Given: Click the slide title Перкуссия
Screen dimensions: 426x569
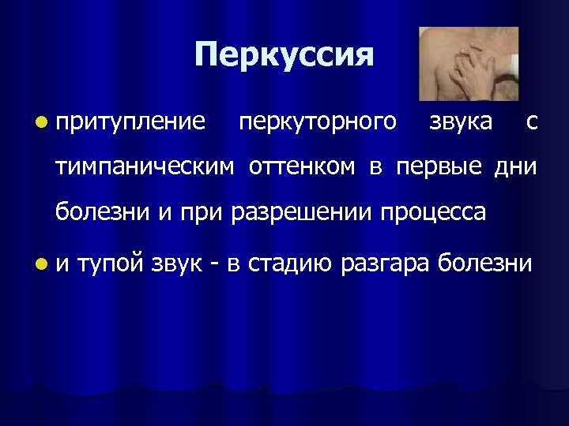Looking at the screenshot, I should point(283,56).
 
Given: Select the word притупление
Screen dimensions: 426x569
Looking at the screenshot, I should point(130,122).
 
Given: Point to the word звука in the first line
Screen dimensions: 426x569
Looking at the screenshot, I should point(459,122).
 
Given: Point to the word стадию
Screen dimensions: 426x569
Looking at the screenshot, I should point(290,263).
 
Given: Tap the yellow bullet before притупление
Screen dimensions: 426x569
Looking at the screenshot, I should point(40,122).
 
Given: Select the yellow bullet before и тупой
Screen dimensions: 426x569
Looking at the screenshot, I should point(40,263).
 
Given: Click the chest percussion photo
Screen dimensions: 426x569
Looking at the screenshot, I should point(468,64).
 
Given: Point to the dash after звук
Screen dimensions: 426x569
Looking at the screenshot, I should point(214,263).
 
